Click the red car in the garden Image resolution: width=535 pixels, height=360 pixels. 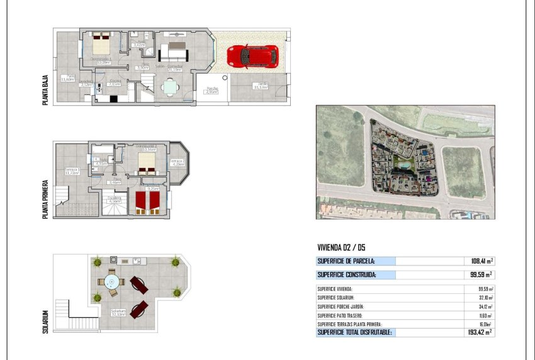tap(252, 55)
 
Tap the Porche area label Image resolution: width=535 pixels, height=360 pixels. tap(211, 91)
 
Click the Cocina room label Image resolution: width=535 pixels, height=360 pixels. tap(114, 82)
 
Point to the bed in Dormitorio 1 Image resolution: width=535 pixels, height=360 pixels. tap(101, 45)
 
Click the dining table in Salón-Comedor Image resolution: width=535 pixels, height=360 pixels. tap(169, 88)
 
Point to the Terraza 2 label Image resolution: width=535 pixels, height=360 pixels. tap(178, 162)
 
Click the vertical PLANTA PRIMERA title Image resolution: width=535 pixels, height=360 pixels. tap(45, 197)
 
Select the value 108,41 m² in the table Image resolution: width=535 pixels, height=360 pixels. tap(481, 261)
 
